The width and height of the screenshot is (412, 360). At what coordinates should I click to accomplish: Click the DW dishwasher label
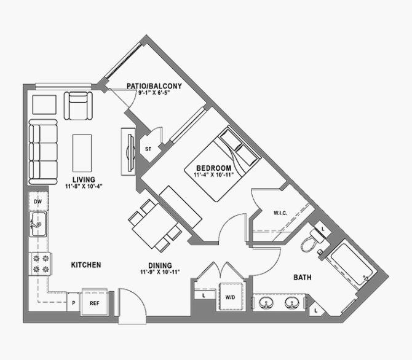pos(38,202)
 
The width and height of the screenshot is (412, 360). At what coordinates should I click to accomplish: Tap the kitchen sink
pos(38,224)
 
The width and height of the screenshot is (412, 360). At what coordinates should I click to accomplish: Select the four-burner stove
pos(41,264)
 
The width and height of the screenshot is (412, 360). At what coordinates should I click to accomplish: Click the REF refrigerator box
pos(95,302)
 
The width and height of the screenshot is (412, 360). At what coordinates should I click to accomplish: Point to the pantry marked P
pos(74,302)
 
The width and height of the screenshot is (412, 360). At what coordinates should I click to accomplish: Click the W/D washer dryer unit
pos(231,297)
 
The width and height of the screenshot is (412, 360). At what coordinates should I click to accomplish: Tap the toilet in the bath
pos(312,240)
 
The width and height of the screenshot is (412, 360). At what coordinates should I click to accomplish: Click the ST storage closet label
pos(148,149)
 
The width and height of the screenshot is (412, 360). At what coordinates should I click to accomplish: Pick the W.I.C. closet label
pos(280,213)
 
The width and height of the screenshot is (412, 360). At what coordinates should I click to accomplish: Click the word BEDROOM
pos(214,168)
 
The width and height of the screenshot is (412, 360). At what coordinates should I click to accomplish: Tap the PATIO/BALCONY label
pos(154,86)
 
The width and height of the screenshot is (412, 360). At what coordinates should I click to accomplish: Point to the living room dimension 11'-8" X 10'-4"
pos(84,186)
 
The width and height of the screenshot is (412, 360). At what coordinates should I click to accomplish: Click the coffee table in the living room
pos(82,153)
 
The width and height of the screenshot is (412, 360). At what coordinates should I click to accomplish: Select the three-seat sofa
pos(43,152)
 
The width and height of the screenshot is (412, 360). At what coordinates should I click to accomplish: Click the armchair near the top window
pos(78,106)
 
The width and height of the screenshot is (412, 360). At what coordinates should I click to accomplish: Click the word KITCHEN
pos(86,265)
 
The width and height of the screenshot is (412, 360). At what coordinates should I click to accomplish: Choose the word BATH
pos(303,277)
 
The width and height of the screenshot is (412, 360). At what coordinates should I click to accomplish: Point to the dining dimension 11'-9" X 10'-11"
pos(160,272)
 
